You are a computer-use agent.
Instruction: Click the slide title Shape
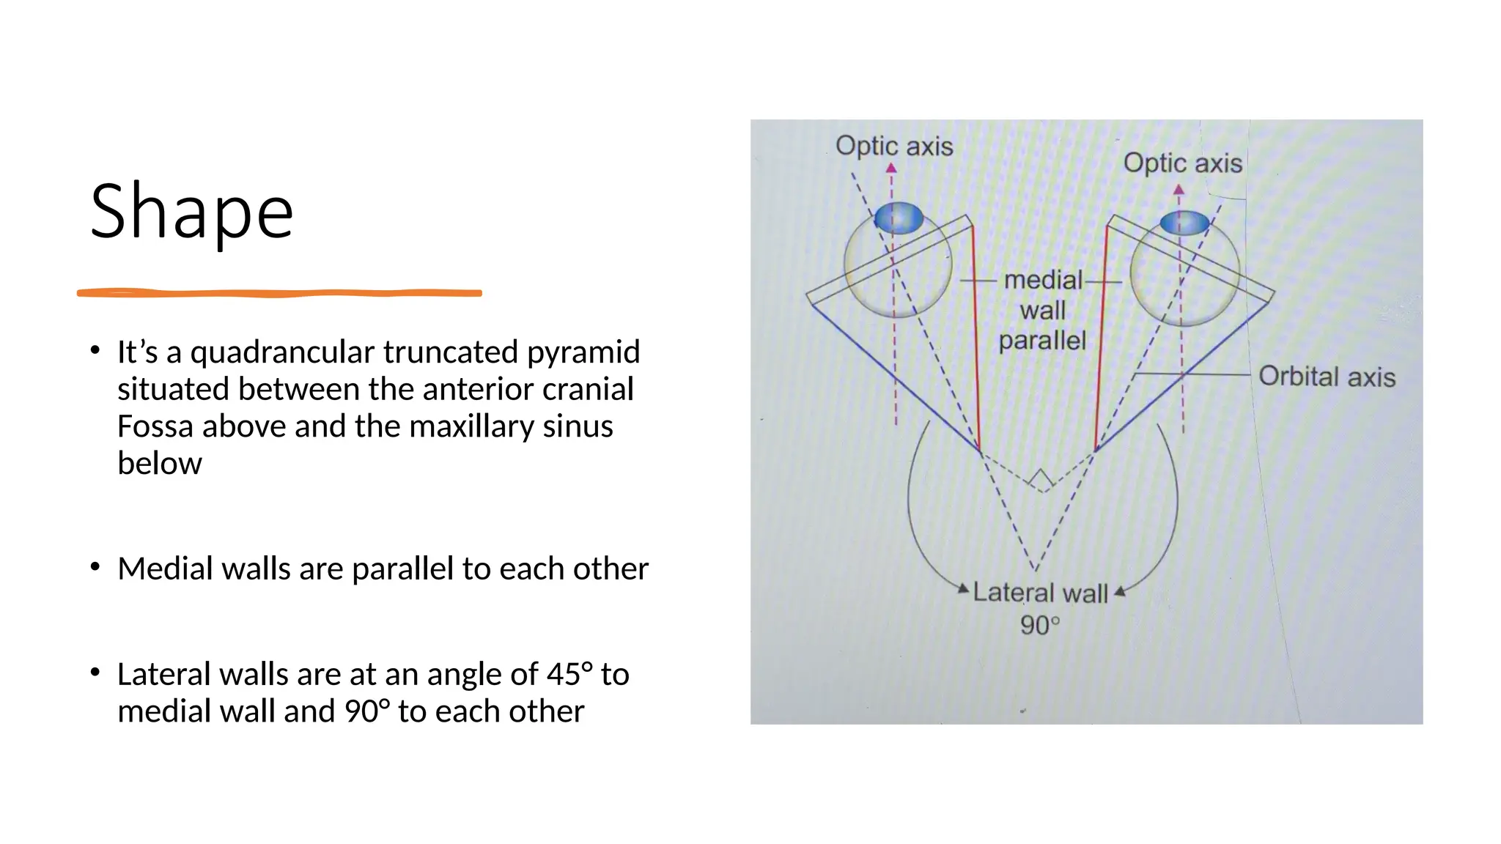(192, 211)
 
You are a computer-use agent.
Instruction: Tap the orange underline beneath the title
(279, 293)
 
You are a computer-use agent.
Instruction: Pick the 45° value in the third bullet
(569, 674)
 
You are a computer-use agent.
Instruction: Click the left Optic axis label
(894, 147)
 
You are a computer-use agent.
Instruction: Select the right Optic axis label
(1182, 163)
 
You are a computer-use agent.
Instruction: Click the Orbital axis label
(1327, 377)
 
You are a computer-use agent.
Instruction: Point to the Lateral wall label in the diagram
(1040, 593)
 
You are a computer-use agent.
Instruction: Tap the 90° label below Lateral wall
(1040, 625)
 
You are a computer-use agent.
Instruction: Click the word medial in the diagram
(1043, 280)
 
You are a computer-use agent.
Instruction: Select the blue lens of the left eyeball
(899, 218)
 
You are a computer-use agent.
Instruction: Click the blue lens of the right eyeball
(1184, 223)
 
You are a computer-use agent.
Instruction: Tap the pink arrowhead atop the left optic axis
(891, 169)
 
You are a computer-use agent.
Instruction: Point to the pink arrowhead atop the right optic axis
(1179, 190)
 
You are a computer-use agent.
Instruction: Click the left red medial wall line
(976, 337)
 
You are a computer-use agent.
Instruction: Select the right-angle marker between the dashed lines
(1041, 481)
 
